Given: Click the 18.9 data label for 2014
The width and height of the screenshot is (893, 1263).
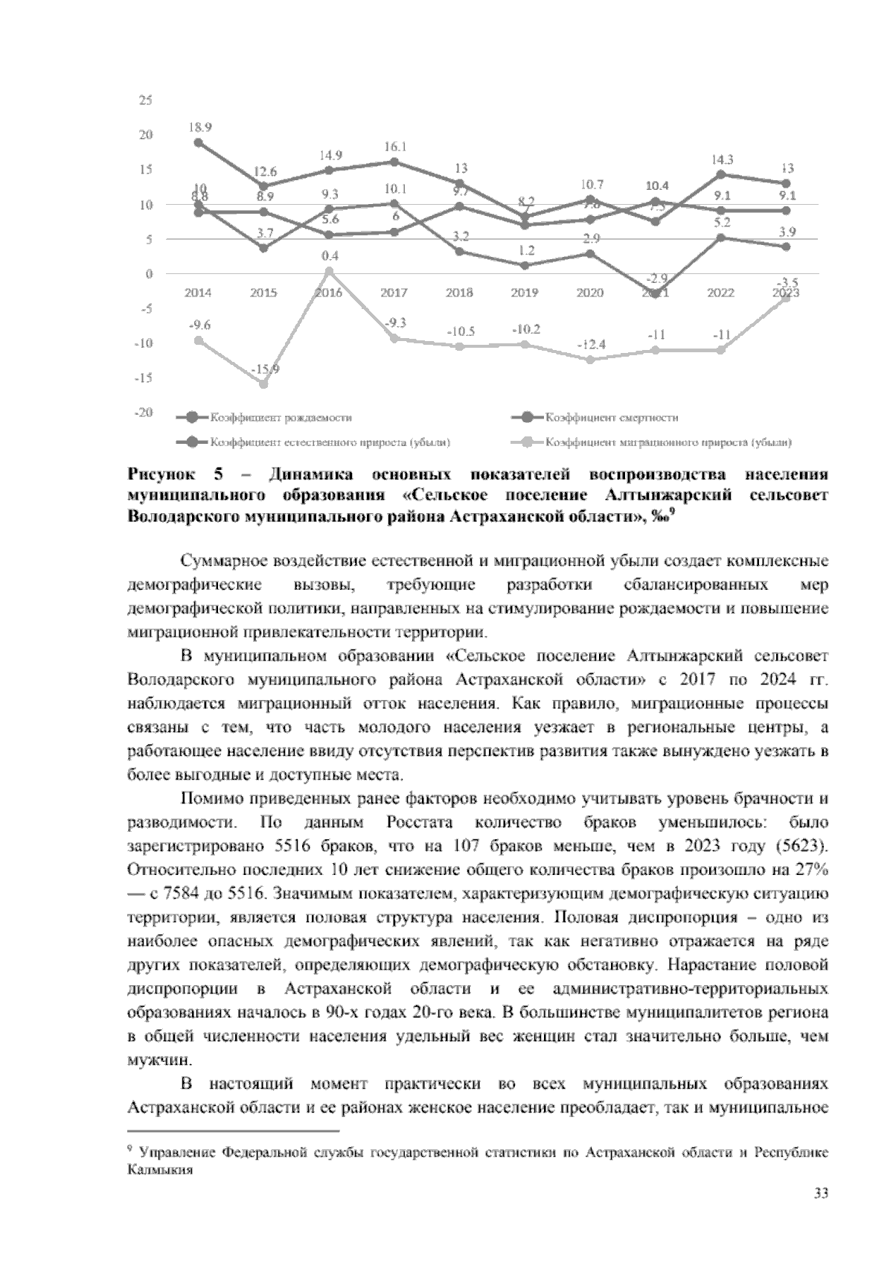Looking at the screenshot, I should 199,127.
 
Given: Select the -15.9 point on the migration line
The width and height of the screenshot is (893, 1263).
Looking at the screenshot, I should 263,384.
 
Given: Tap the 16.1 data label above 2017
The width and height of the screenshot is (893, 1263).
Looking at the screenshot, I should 394,147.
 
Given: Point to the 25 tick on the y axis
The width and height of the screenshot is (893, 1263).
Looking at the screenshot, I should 146,101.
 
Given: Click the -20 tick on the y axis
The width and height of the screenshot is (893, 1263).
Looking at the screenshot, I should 144,413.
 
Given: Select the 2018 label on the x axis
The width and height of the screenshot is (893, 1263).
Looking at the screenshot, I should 459,293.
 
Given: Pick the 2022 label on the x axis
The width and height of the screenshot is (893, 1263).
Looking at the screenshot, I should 720,293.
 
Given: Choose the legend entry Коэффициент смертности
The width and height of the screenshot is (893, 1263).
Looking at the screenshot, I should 611,418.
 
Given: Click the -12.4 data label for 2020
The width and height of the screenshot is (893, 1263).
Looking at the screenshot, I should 590,345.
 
